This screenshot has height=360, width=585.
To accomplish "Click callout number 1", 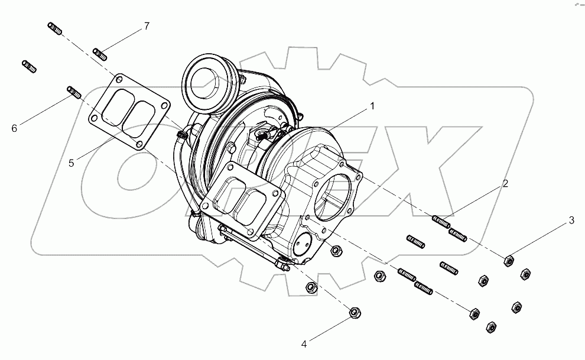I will click(372, 106).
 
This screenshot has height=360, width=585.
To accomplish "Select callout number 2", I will click(505, 184).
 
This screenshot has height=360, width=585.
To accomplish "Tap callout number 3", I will click(571, 221).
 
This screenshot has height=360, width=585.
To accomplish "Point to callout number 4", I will click(304, 343).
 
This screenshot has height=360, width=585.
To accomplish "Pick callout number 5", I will click(71, 163).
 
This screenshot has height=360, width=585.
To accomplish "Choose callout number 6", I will click(14, 127).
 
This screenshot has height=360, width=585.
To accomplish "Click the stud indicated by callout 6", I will click(74, 92).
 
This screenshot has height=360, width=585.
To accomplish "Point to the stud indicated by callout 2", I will click(441, 222).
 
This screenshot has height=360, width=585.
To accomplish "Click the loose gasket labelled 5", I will click(126, 112).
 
